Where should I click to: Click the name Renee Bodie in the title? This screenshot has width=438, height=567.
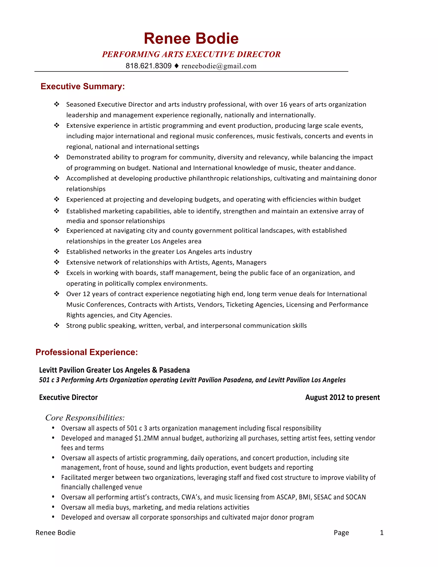191,39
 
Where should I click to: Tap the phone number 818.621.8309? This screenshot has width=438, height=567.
148,66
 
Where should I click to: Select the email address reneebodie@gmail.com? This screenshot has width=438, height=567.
219,66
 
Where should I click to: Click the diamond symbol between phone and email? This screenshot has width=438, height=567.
176,66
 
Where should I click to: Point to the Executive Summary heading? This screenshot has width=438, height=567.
83,86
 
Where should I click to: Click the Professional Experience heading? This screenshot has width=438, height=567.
87,352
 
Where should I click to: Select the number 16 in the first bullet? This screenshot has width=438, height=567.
283,104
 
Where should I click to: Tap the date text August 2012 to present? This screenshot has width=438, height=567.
342,398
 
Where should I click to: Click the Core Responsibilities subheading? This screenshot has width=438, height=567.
85,418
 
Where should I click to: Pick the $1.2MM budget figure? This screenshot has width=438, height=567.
146,438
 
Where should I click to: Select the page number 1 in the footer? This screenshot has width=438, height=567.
382,533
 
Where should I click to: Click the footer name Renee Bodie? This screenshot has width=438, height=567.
56,533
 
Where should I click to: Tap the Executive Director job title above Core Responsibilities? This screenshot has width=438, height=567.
68,398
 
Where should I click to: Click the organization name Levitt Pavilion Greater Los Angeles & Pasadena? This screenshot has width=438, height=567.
114,370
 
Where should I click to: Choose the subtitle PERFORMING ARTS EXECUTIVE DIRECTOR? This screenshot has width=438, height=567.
191,54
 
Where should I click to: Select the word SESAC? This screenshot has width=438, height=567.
323,497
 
